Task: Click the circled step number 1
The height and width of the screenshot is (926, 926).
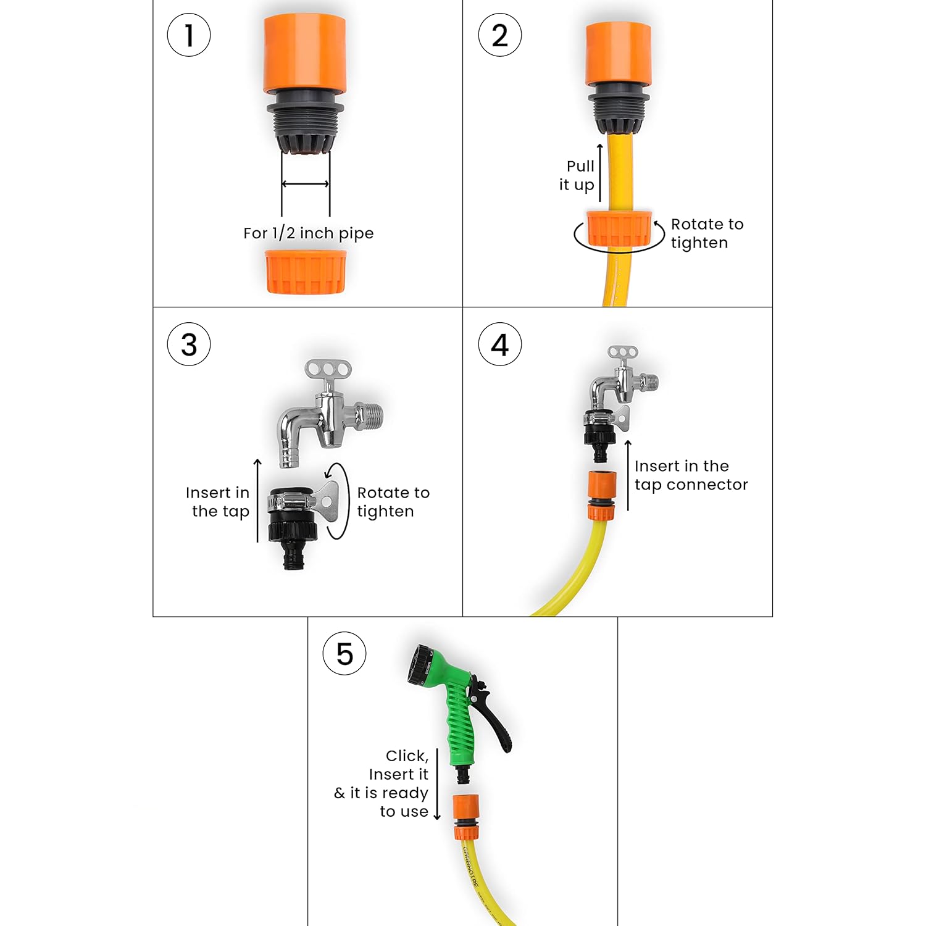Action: pos(189,35)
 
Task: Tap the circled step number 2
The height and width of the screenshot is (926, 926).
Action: pos(499,35)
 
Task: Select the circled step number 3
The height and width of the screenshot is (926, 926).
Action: pos(189,344)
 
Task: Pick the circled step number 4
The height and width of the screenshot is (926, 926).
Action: pos(499,344)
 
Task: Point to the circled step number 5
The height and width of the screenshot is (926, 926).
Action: pos(344,654)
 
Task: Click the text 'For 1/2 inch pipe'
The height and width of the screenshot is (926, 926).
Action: pos(308,233)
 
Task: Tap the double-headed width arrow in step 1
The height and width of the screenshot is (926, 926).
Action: pos(306,183)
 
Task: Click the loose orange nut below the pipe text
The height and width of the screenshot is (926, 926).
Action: pos(306,272)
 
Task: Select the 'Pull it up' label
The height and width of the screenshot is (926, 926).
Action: pos(578,175)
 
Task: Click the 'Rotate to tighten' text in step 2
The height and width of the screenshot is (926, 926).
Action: pos(706,233)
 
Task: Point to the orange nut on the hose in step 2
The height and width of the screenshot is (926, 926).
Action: pos(619,229)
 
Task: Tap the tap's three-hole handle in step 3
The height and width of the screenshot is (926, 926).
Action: pos(328,370)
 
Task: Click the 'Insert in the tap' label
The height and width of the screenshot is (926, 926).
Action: pos(219,502)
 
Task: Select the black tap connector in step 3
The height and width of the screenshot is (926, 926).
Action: pos(293,525)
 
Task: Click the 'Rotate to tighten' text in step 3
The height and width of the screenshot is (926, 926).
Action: pos(393,502)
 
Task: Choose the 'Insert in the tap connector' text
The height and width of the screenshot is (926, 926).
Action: pos(690,475)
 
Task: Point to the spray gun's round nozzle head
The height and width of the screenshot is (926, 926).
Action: pos(420,664)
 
